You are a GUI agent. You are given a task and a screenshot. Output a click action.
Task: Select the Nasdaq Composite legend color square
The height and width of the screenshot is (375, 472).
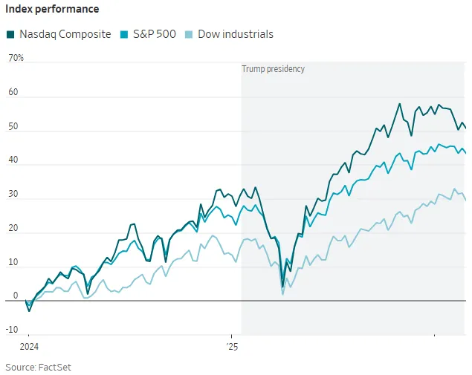pyautogui.click(x=10, y=34)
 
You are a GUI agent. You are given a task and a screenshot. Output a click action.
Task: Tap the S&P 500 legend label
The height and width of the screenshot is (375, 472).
pyautogui.click(x=155, y=34)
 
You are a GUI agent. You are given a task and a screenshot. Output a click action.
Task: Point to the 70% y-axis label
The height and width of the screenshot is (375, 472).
pyautogui.click(x=16, y=58)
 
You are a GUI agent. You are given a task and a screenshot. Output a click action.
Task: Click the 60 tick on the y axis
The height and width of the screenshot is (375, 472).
pyautogui.click(x=13, y=92)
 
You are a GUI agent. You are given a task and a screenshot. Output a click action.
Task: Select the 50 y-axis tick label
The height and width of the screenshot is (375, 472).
pyautogui.click(x=13, y=126)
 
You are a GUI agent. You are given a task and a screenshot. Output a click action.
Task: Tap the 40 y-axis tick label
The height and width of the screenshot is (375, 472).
pyautogui.click(x=13, y=160)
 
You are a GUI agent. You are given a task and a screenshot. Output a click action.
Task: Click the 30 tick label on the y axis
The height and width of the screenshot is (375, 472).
pyautogui.click(x=13, y=195)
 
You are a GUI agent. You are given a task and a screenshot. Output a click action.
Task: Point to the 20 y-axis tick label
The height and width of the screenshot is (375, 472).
pyautogui.click(x=13, y=229)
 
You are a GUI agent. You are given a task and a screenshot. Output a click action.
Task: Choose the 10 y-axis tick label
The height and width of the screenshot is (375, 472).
pyautogui.click(x=13, y=263)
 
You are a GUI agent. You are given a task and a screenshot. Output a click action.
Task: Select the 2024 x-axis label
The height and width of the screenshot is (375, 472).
pyautogui.click(x=28, y=346)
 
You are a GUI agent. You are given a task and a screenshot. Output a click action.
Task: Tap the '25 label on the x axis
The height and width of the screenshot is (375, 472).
pyautogui.click(x=232, y=346)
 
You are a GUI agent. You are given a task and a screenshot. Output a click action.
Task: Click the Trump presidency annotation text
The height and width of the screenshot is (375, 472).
pyautogui.click(x=273, y=69)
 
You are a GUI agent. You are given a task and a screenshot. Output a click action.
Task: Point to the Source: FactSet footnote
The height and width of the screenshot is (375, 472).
pyautogui.click(x=39, y=367)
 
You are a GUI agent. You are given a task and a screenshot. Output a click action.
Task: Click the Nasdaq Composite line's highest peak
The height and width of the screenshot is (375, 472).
pyautogui.click(x=400, y=104)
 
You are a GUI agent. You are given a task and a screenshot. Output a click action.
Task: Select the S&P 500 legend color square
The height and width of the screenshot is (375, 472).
pyautogui.click(x=125, y=34)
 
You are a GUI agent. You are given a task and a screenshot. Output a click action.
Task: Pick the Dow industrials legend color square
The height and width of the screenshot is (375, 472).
pyautogui.click(x=191, y=34)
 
